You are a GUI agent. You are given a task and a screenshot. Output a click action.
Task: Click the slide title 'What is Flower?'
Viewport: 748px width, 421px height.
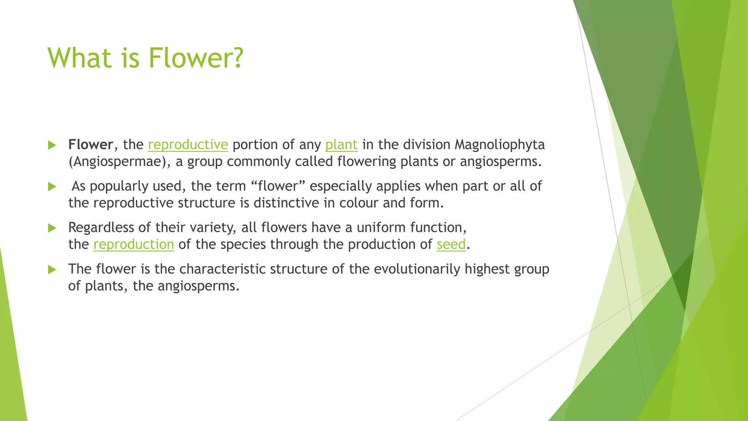tap(145, 58)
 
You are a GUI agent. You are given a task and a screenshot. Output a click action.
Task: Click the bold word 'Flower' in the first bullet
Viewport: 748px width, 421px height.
tap(90, 145)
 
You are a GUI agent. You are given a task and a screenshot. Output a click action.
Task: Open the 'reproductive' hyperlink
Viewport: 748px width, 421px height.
tap(188, 145)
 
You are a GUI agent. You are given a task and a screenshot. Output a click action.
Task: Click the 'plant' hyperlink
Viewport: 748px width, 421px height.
tap(341, 145)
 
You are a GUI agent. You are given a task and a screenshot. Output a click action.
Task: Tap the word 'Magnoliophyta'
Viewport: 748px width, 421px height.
tap(499, 145)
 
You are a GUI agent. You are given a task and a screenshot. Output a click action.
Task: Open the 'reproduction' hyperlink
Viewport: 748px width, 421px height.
tap(134, 244)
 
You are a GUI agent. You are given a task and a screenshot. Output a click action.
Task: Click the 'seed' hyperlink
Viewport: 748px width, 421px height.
tap(451, 244)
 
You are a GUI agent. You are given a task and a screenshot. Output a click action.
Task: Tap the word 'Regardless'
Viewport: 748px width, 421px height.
tap(101, 228)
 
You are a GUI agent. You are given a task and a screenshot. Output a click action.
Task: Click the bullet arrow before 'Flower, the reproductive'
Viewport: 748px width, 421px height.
tap(52, 145)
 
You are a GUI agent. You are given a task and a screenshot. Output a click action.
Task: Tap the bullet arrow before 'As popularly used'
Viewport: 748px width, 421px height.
tap(52, 187)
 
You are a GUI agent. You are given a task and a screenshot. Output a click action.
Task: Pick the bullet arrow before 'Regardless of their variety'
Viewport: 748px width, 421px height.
tap(52, 228)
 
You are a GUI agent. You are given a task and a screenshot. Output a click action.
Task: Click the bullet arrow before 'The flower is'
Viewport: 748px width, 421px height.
tap(52, 270)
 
